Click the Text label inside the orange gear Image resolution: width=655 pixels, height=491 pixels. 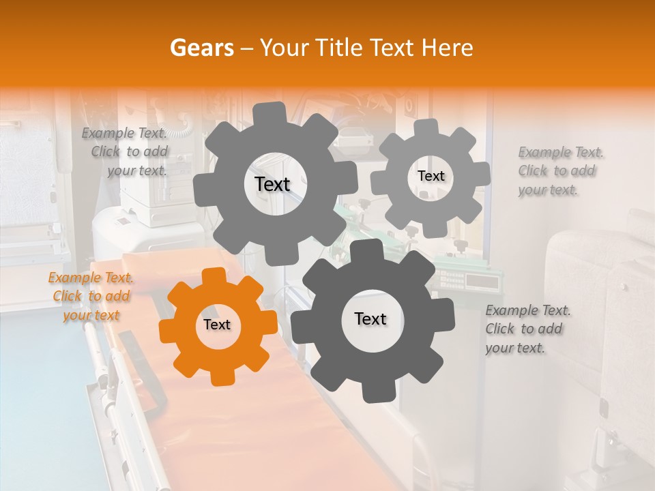(x=217, y=325)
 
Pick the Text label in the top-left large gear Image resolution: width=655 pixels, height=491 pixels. (x=272, y=184)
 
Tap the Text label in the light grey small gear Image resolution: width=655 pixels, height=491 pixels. (x=431, y=176)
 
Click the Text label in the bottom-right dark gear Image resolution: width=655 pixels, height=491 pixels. (x=370, y=318)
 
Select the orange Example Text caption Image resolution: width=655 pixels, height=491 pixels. (x=91, y=296)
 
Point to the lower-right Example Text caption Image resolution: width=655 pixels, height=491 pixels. (x=527, y=329)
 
